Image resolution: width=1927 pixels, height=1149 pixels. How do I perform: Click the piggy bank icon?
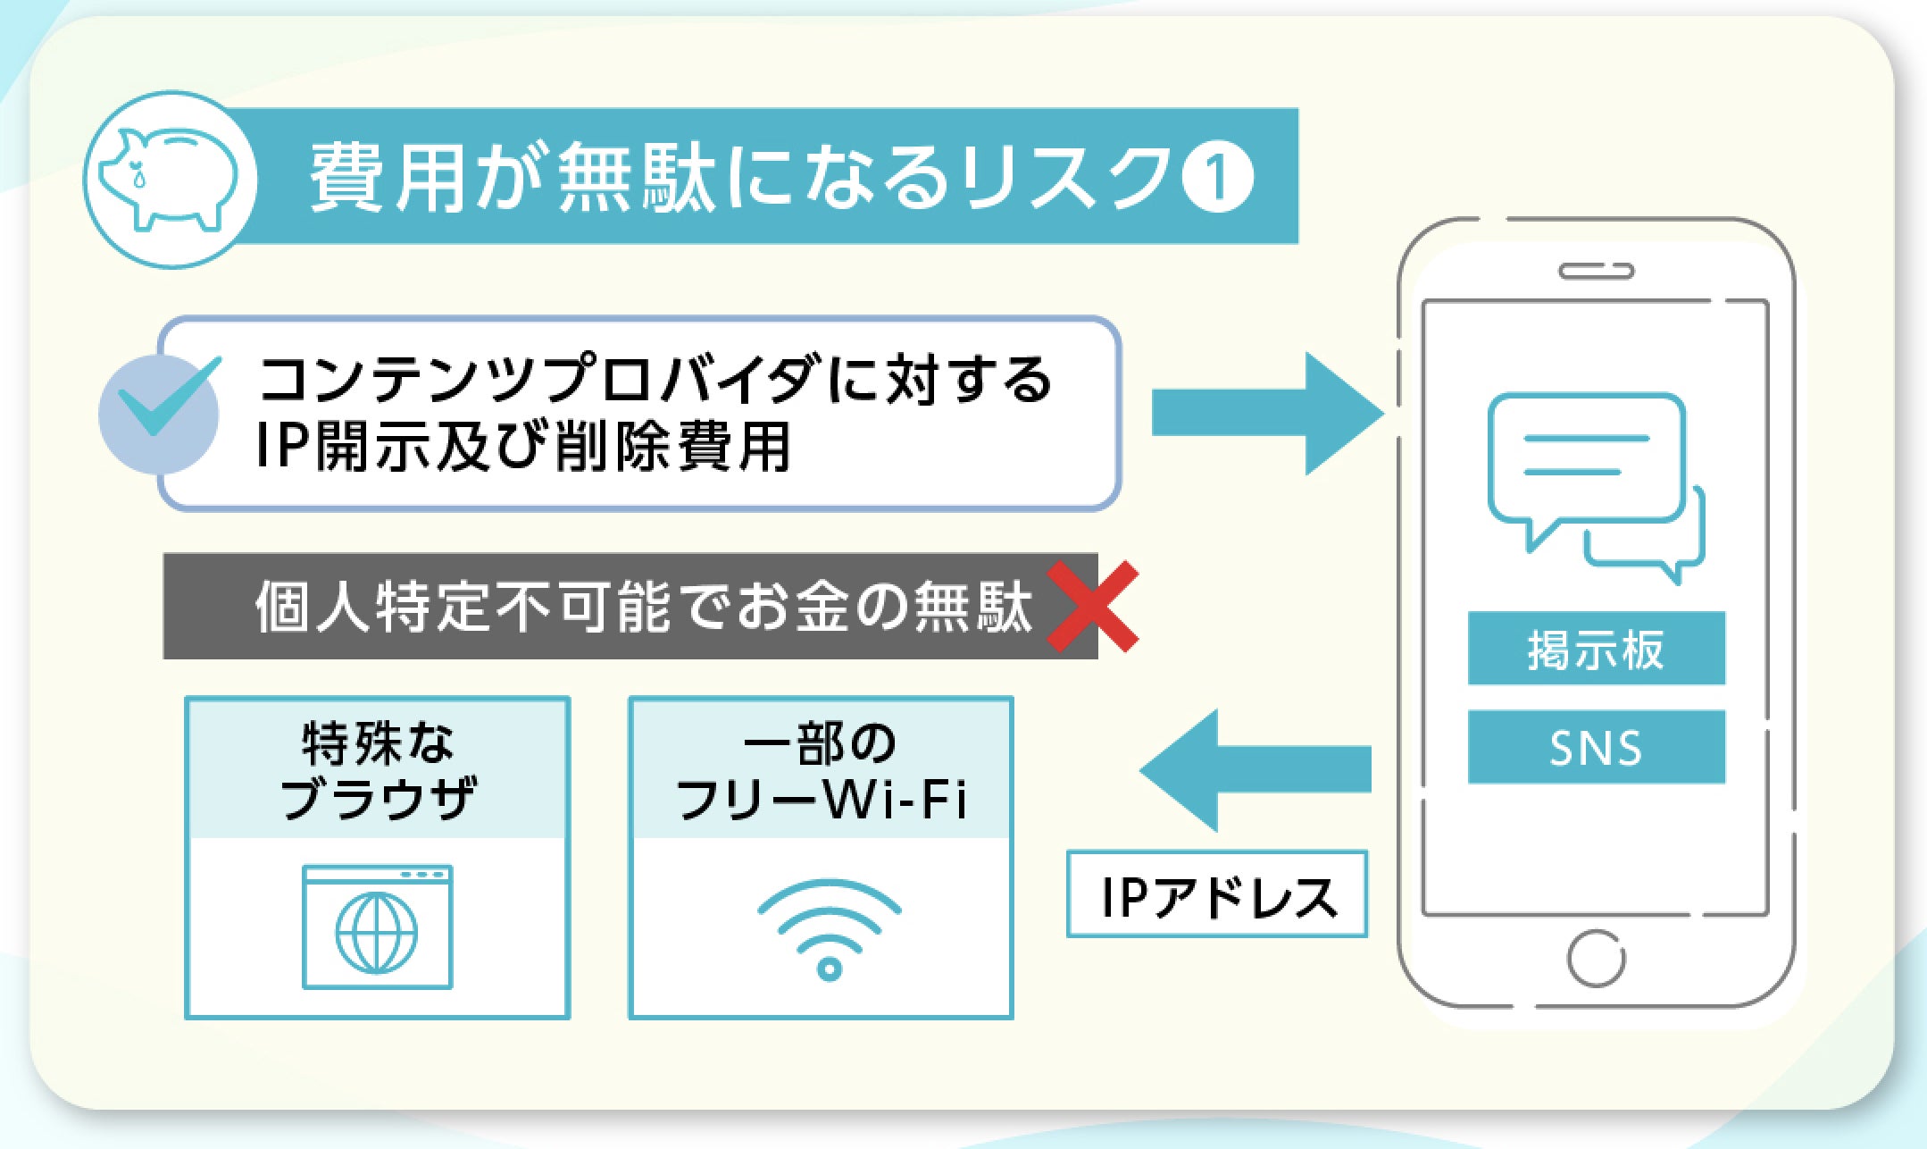(170, 179)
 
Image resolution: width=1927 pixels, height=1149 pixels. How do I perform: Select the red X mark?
(1092, 607)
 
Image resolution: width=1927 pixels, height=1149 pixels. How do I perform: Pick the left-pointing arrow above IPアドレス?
(1255, 769)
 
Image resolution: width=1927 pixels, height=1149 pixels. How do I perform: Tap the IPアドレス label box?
(1216, 894)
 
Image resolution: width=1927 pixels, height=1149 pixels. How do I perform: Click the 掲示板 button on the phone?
(1596, 649)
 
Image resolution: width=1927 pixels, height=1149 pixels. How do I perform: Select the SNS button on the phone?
(1596, 747)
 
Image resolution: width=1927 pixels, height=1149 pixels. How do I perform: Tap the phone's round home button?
(1596, 959)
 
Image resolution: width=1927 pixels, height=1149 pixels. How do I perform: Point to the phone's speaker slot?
(1596, 271)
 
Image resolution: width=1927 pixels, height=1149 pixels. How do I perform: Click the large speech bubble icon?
(1585, 460)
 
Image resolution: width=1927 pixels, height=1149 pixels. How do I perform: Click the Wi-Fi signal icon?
(829, 929)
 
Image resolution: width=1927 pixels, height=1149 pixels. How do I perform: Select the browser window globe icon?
(377, 929)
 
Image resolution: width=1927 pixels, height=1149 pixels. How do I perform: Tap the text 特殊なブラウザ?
(377, 769)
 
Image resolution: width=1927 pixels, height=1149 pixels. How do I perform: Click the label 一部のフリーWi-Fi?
(821, 769)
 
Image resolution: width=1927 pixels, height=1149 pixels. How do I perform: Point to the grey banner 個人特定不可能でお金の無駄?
(630, 607)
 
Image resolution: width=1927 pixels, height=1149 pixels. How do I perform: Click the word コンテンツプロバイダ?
(536, 379)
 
